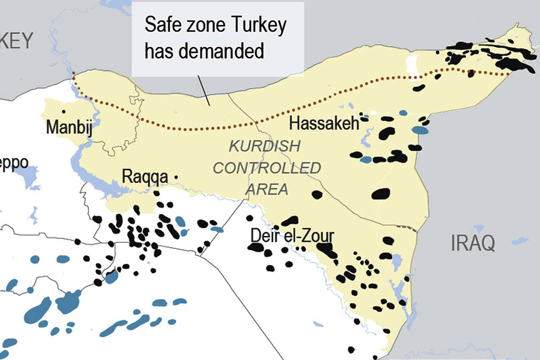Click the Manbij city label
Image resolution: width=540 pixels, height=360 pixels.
69,127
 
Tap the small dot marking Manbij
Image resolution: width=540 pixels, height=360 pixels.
64,111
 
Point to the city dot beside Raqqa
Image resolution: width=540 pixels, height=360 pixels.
175,178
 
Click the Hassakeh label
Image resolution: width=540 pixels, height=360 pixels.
324,123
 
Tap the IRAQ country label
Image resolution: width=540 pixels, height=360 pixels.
472,243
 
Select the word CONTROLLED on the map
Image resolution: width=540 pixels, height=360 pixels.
267,168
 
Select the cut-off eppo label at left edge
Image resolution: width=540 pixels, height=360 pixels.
13,163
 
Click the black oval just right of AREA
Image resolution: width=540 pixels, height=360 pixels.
317,194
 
